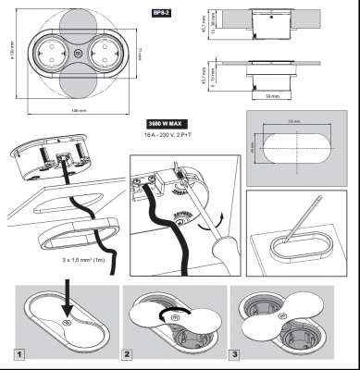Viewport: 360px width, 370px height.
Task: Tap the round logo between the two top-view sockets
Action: (76, 55)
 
